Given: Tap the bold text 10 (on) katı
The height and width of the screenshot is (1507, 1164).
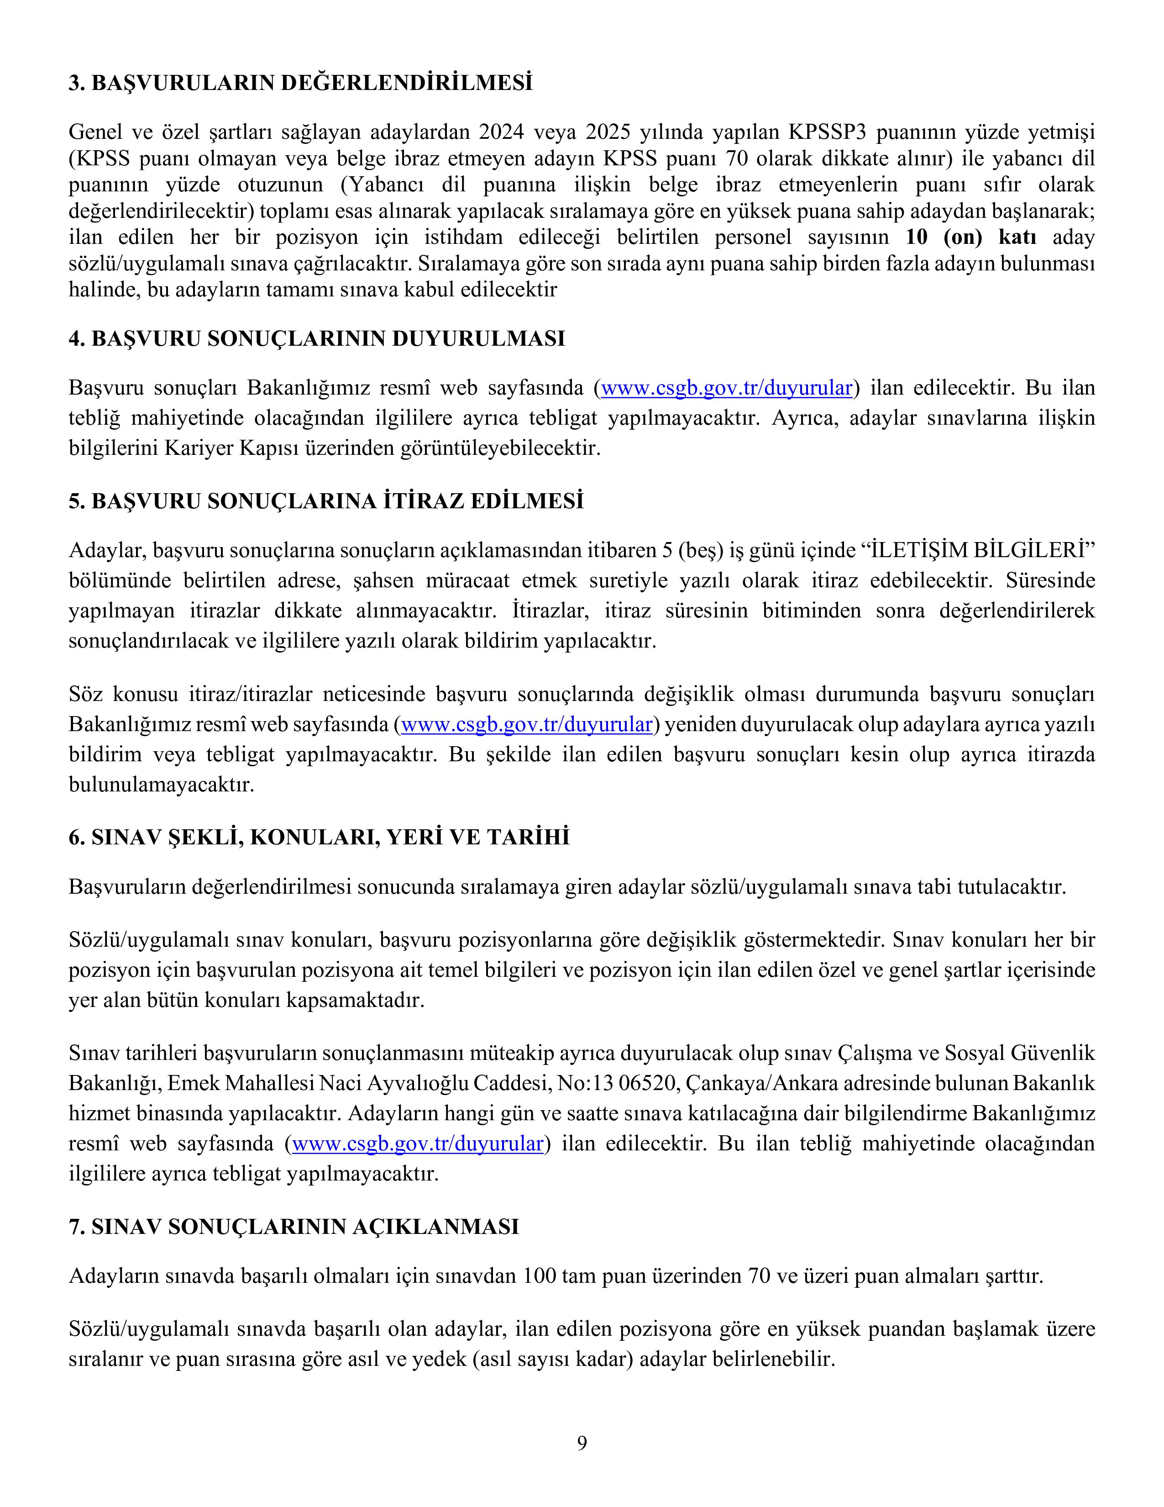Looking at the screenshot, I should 971,237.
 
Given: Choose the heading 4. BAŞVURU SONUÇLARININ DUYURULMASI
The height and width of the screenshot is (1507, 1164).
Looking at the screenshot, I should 316,339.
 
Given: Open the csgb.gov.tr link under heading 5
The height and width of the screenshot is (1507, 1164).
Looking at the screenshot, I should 527,725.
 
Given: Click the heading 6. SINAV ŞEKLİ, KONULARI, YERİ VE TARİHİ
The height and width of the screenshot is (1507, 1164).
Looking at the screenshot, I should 319,837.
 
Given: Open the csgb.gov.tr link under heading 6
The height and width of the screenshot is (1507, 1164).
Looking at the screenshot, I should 418,1144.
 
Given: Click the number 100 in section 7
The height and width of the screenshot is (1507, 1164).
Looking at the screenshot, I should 539,1276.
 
